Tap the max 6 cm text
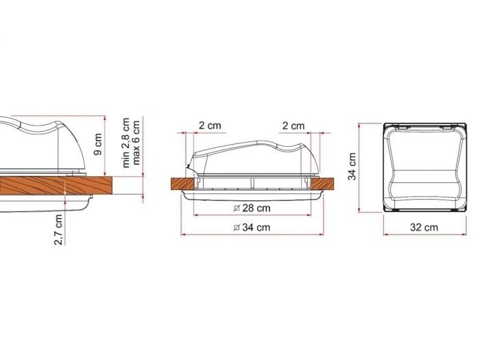click(137, 143)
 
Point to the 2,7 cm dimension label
click(60, 228)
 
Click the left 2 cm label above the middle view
click(210, 125)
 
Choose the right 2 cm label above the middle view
click(293, 125)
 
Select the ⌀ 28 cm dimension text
click(252, 208)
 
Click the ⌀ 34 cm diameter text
click(252, 227)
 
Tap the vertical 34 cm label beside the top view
click(352, 167)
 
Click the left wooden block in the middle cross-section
click(181, 184)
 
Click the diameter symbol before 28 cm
click(237, 208)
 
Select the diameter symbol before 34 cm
click(237, 227)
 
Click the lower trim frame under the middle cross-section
click(252, 196)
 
